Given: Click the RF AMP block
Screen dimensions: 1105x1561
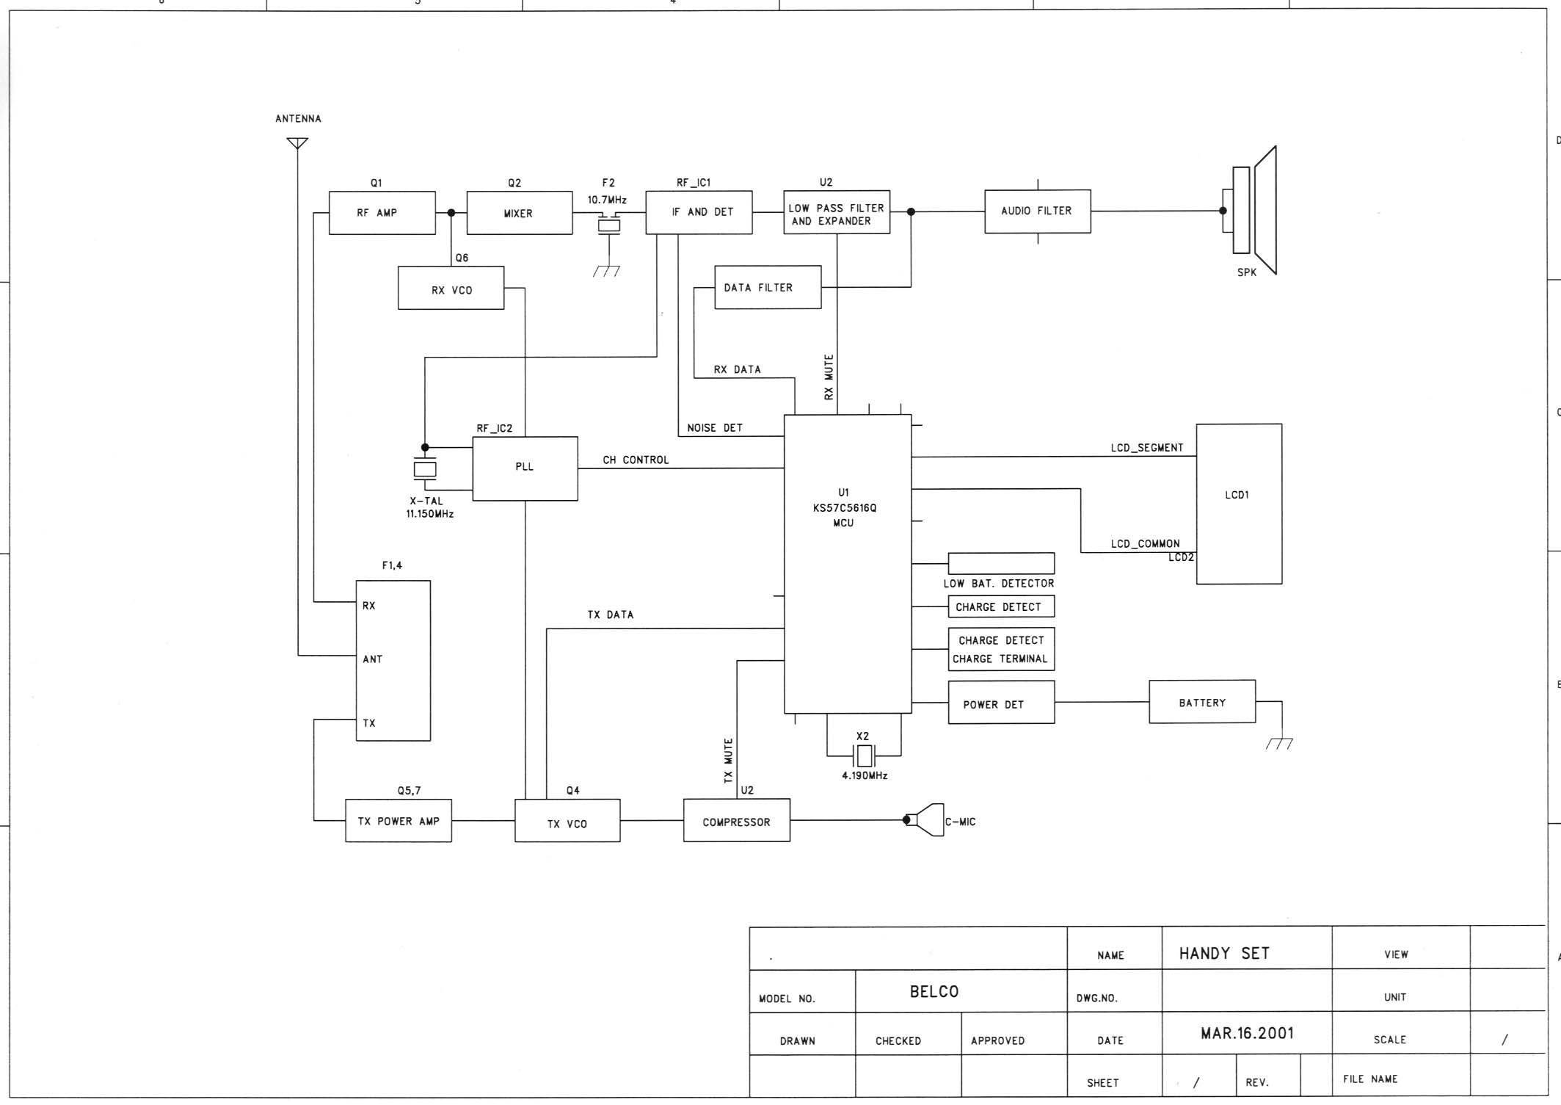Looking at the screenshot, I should coord(382,213).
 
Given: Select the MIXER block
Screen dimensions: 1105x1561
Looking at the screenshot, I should coord(520,213).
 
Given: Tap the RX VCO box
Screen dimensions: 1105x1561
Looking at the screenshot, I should coord(451,288).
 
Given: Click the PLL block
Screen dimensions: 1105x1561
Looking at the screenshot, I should coord(525,468).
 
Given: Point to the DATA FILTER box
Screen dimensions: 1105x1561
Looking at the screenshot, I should coord(768,287).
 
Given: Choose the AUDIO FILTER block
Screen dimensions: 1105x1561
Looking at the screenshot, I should coord(1037,211).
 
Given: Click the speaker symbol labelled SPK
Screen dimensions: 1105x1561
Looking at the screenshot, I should coord(1253,210).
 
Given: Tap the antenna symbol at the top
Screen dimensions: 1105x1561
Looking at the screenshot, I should coord(297,142).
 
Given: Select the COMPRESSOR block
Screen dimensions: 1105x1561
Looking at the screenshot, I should coord(736,820).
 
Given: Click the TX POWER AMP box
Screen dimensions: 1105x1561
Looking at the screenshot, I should coord(399,821).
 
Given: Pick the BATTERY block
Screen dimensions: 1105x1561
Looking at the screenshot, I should coord(1202,702).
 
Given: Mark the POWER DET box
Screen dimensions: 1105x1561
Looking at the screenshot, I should coord(1001,703).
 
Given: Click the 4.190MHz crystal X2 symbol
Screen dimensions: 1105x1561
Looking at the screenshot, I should coord(864,755).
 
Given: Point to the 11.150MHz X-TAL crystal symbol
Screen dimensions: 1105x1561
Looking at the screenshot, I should coord(425,468).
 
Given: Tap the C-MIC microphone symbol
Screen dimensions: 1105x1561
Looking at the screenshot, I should coord(927,820).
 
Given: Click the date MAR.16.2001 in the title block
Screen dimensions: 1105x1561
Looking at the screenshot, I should coord(1247,1033).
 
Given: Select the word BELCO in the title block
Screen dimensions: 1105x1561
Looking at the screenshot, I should coord(934,991).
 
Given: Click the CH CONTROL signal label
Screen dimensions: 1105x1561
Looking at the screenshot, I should coord(636,460).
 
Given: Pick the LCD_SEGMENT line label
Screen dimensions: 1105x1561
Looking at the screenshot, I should coord(1146,448).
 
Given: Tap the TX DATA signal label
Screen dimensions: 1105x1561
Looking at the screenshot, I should coord(610,615).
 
